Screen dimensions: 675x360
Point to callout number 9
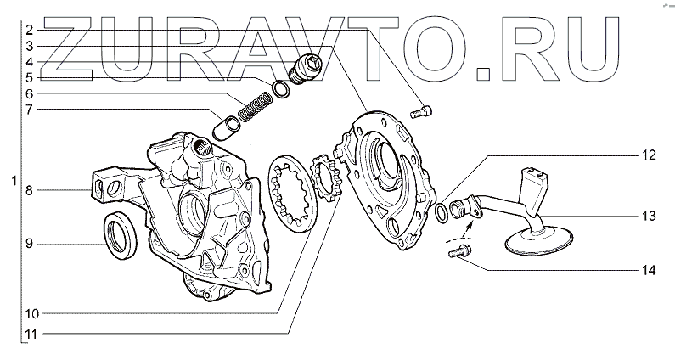pyautogui.click(x=29, y=245)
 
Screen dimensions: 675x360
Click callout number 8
pyautogui.click(x=29, y=190)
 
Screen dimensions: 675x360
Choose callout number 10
pyautogui.click(x=32, y=314)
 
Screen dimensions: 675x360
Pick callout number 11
pyautogui.click(x=32, y=334)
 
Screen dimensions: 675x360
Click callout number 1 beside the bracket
pyautogui.click(x=14, y=181)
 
